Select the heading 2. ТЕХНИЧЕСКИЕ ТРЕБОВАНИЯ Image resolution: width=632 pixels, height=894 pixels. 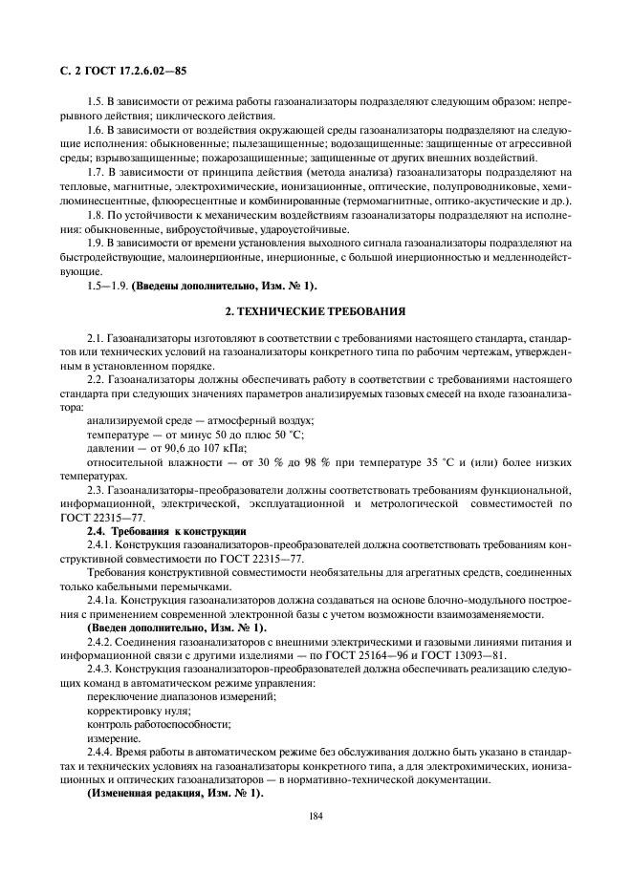click(x=316, y=311)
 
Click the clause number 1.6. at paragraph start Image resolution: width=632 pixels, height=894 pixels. click(x=96, y=129)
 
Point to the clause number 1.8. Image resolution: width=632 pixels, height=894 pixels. click(x=96, y=217)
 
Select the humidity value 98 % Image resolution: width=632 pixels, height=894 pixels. click(x=315, y=461)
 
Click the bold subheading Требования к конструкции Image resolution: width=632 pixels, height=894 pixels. click(x=179, y=530)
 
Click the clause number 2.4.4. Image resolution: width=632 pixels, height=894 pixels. click(x=99, y=751)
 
